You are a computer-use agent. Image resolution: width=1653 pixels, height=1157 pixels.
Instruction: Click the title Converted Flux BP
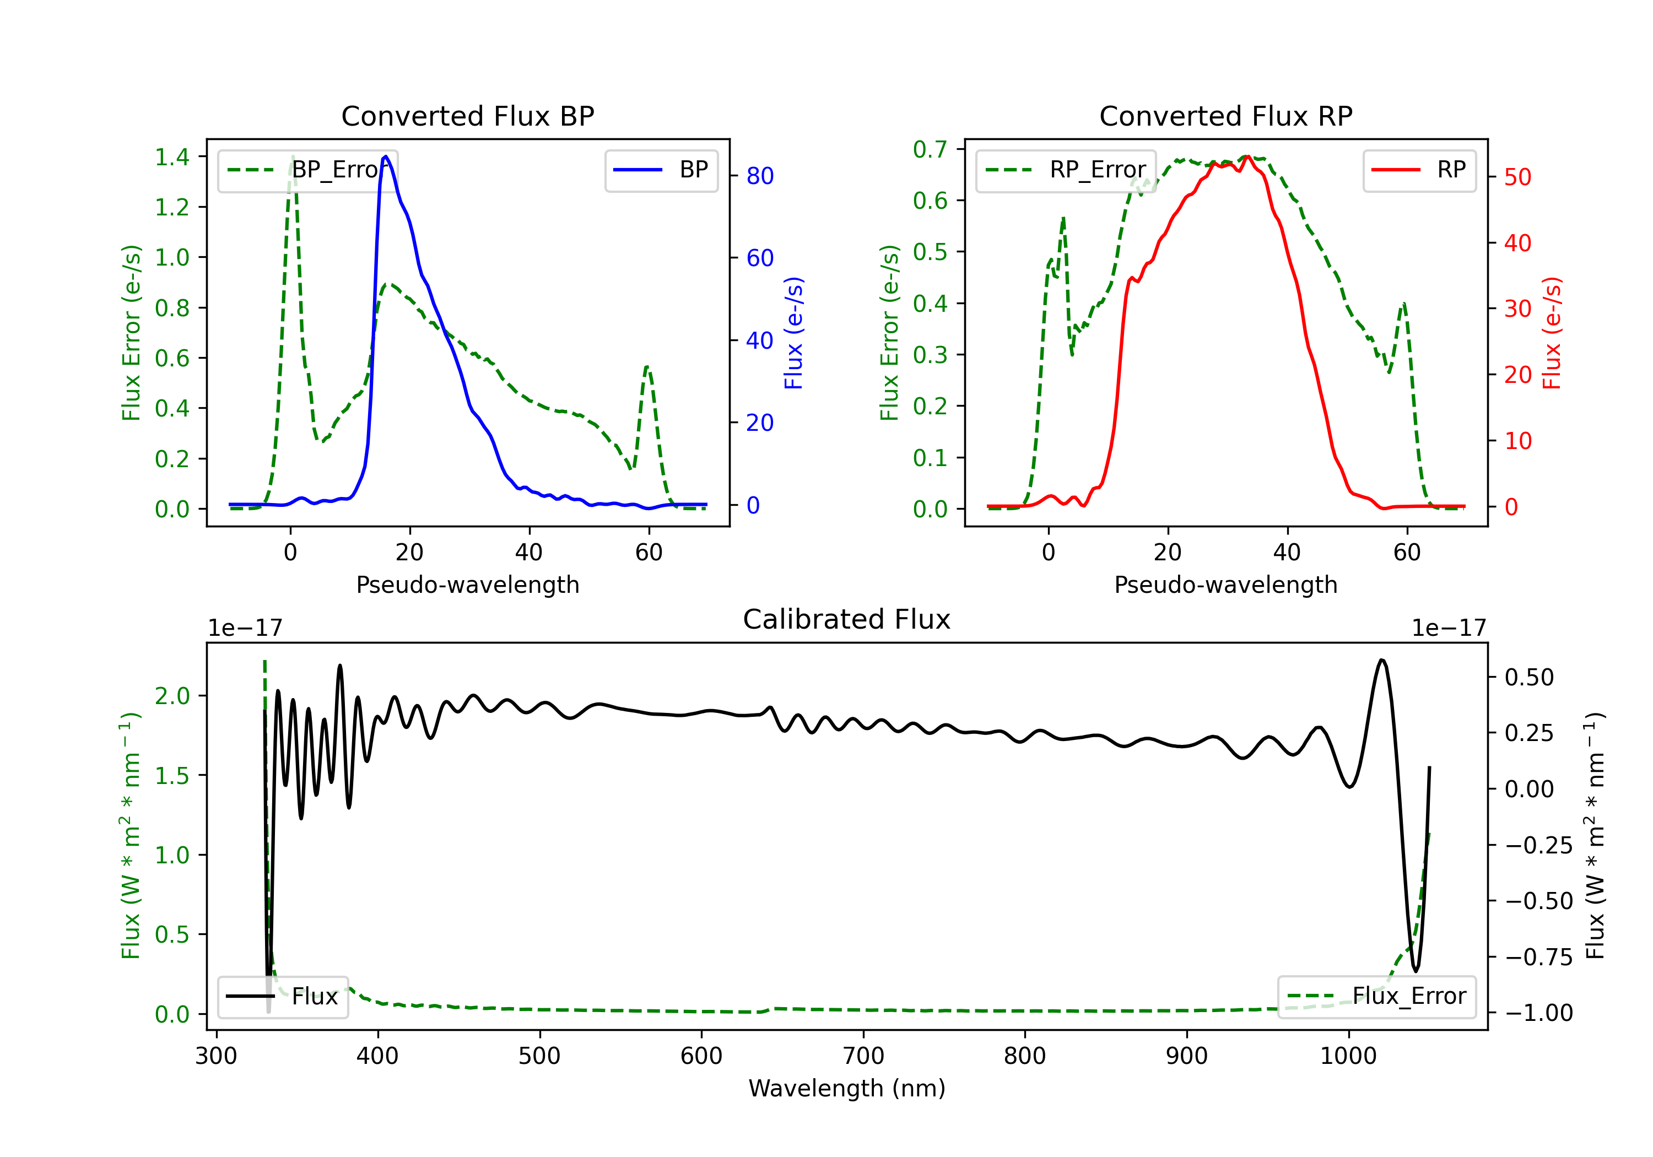click(467, 116)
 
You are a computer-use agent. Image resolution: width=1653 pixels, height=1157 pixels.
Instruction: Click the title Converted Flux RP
click(1225, 116)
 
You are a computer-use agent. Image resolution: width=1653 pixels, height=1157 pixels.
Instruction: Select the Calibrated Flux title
click(847, 619)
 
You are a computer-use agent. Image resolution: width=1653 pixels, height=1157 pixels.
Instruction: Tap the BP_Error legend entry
click(307, 170)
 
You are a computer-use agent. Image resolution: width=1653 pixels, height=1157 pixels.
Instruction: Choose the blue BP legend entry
click(661, 170)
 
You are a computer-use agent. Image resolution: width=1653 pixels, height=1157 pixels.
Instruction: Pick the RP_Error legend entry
click(1066, 170)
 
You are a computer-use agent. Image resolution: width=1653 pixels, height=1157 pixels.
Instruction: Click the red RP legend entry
click(1419, 170)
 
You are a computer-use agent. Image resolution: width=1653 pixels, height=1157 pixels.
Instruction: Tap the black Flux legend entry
click(282, 997)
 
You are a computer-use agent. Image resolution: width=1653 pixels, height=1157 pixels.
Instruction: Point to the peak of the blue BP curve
click(386, 156)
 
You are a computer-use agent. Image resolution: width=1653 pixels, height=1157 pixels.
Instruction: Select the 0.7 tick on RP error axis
click(930, 149)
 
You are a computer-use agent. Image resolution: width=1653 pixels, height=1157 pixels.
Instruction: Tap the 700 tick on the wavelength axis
click(863, 1056)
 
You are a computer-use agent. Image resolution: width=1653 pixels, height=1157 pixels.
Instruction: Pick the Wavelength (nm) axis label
click(847, 1088)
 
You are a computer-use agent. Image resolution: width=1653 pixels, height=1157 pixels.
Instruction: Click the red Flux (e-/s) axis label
click(1552, 333)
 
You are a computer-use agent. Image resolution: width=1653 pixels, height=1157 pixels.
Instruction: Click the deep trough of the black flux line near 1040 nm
click(1416, 971)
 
